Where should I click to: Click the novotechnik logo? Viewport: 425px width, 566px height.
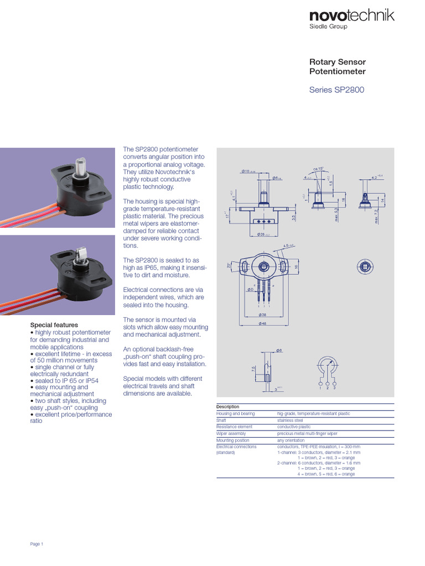point(351,16)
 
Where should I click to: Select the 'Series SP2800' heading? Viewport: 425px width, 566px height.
point(336,90)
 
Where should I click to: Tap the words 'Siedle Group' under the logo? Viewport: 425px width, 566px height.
point(328,27)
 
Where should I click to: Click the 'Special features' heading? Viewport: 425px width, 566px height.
point(54,325)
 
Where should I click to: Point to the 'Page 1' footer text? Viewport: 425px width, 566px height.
point(37,544)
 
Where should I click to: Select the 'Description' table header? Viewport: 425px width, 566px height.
point(227,407)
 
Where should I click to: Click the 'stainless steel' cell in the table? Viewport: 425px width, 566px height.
point(291,420)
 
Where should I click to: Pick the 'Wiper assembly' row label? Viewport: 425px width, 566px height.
point(231,434)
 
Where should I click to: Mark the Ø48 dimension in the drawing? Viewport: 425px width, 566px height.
point(263,324)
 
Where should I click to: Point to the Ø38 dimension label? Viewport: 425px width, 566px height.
point(263,314)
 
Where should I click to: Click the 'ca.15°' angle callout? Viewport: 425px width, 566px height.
point(317,169)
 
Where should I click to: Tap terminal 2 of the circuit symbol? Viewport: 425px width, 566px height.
point(327,387)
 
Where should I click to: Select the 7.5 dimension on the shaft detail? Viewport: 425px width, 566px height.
point(253,369)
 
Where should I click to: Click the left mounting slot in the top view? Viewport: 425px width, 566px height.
point(243,268)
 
